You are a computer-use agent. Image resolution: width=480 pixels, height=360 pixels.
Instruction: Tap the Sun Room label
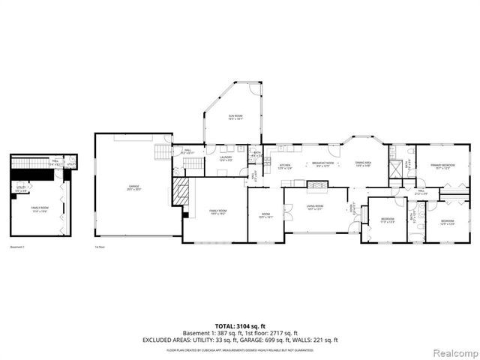pos(235,117)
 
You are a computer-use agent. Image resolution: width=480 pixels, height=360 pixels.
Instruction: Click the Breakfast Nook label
pos(322,166)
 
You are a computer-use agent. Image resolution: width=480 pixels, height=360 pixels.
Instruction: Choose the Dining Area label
pos(364,166)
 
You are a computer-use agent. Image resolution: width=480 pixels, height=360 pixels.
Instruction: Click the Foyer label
pos(355,209)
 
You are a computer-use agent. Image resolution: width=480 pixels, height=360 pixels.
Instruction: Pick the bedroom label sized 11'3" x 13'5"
pos(387,220)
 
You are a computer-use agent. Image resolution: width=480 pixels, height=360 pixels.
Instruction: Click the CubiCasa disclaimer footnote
pos(240,349)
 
